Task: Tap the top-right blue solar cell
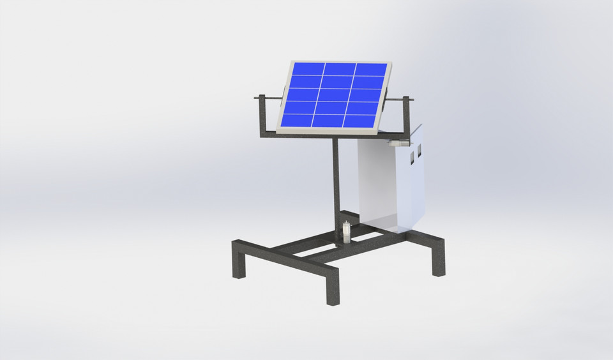[x=370, y=70]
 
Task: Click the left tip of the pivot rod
[x=257, y=98]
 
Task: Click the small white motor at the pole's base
[x=345, y=232]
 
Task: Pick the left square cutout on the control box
[x=412, y=155]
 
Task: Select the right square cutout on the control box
[x=420, y=151]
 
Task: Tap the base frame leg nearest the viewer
[x=332, y=285]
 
